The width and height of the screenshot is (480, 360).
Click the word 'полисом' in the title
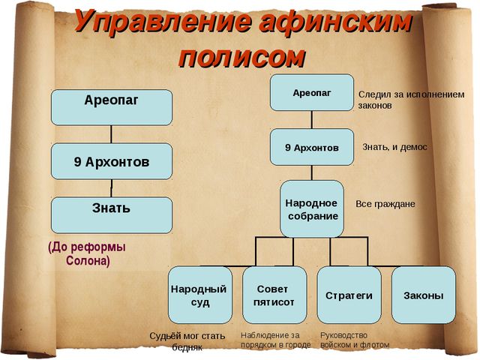click(241, 57)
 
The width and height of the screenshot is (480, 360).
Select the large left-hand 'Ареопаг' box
click(112, 107)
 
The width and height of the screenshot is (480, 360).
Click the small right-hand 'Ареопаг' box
click(312, 92)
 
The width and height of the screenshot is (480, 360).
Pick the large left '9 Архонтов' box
click(112, 161)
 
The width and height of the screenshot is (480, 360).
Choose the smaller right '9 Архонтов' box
click(312, 147)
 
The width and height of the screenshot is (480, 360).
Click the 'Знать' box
click(112, 215)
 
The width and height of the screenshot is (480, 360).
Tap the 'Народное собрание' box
click(312, 208)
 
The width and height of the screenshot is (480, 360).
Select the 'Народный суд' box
click(200, 295)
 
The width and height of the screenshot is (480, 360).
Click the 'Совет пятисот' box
click(274, 295)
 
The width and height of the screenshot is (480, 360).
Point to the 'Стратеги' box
click(349, 295)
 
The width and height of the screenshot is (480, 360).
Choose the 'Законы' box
click(424, 295)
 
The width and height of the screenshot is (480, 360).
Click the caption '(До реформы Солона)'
click(87, 253)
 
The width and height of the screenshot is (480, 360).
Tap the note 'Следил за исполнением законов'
click(411, 100)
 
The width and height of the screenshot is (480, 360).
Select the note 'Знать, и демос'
click(394, 147)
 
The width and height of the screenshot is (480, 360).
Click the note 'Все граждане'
click(385, 204)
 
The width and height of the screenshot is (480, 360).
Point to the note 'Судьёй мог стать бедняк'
click(187, 341)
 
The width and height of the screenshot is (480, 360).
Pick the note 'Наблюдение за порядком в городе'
click(275, 340)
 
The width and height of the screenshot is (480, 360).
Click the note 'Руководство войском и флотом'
click(355, 340)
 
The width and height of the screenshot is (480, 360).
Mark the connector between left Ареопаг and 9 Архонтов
click(111, 134)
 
